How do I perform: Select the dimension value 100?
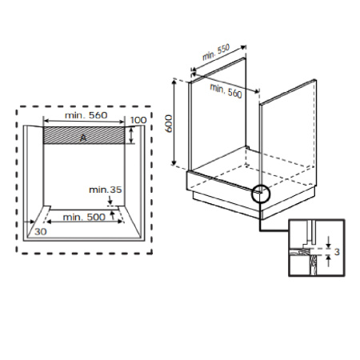tap(139, 120)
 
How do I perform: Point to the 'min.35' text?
tap(106, 190)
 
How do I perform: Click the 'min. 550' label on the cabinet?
tap(215, 54)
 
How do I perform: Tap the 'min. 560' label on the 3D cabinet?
tap(226, 90)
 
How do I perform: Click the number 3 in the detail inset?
tap(338, 252)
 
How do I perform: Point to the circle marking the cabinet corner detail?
tap(261, 193)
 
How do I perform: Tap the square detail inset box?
tap(318, 246)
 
